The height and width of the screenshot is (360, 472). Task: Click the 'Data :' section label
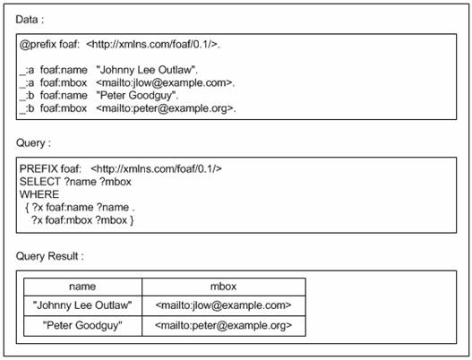(x=30, y=20)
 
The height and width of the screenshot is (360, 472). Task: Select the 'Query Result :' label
(x=49, y=256)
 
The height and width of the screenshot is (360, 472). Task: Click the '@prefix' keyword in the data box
(x=38, y=45)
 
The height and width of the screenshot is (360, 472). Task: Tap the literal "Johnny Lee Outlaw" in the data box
(x=147, y=70)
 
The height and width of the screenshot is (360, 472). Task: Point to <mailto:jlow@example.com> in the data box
(x=166, y=82)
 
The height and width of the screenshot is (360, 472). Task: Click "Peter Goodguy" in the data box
(x=137, y=96)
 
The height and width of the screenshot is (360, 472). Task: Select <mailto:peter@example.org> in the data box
(x=166, y=108)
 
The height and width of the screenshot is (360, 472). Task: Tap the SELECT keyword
(x=40, y=182)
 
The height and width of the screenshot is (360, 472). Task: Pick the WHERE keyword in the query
(x=39, y=194)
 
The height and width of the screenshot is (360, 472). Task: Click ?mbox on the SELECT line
(x=116, y=182)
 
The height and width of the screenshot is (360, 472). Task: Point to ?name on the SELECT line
(x=81, y=182)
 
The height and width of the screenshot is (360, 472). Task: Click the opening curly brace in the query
(x=27, y=208)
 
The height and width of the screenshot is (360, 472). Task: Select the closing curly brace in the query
(x=132, y=220)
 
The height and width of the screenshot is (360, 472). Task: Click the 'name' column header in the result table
(x=82, y=287)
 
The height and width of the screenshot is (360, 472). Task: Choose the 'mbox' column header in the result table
(x=223, y=287)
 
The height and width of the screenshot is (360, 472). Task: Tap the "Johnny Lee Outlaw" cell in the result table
(x=82, y=305)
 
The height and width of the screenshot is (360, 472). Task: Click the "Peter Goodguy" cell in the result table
(x=82, y=325)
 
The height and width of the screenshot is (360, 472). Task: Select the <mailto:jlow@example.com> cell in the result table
(x=223, y=305)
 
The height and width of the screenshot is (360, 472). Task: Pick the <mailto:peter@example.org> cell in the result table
(x=223, y=325)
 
